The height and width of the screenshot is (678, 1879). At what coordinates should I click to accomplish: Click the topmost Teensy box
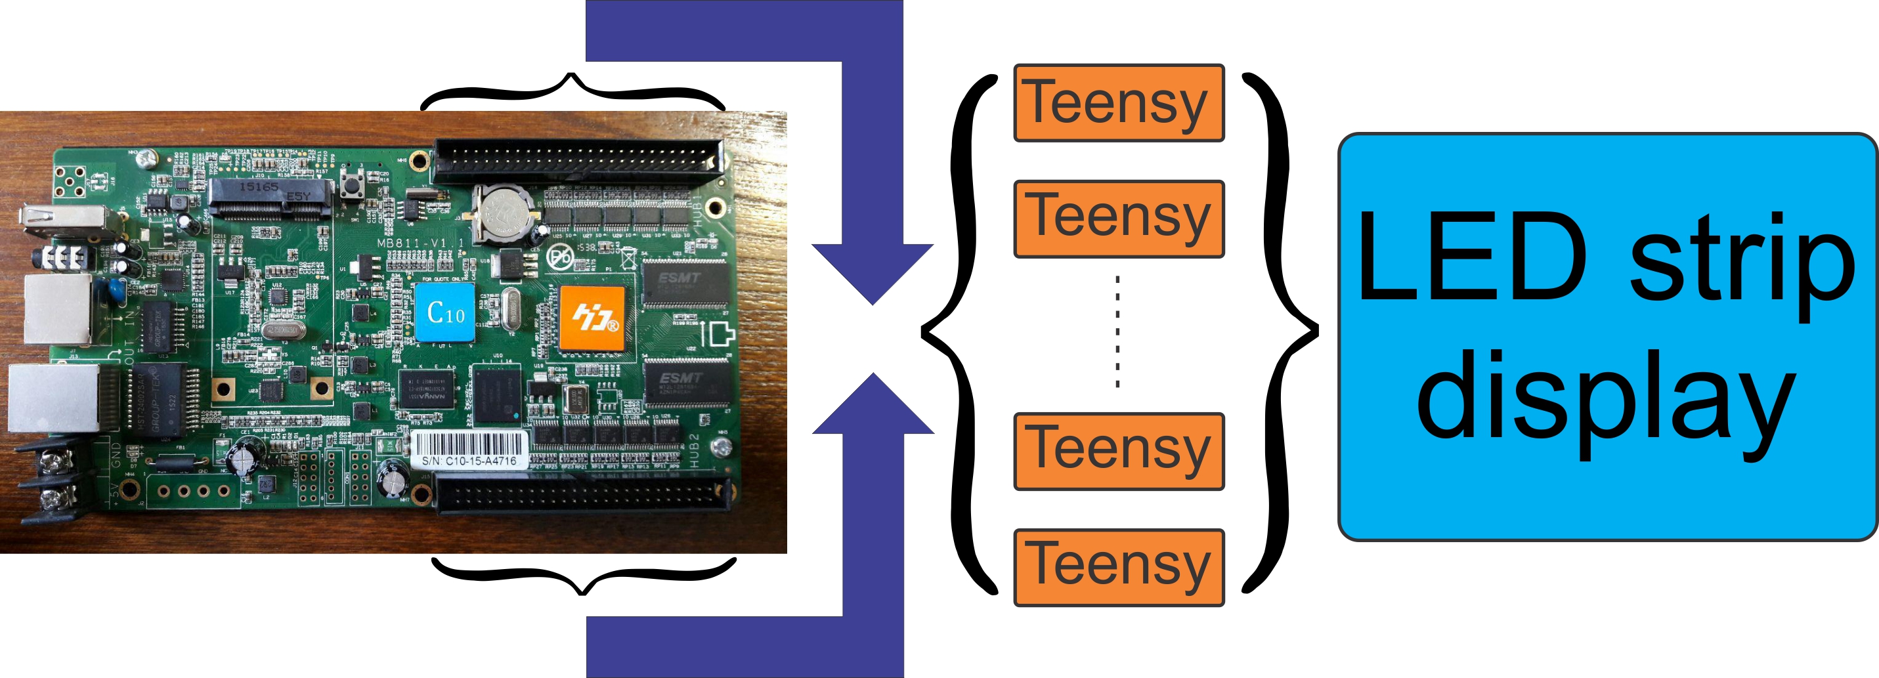click(x=1118, y=103)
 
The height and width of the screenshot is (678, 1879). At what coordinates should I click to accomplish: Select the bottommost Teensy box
click(x=1118, y=567)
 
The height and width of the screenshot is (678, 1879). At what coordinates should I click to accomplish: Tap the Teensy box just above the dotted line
click(x=1118, y=219)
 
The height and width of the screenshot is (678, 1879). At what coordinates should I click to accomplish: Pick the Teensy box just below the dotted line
click(x=1118, y=452)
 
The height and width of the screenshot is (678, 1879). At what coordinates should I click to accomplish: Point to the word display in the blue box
click(x=1605, y=397)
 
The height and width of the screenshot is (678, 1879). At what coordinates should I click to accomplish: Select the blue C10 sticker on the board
click(x=445, y=312)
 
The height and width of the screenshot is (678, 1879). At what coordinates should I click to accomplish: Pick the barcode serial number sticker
click(x=469, y=449)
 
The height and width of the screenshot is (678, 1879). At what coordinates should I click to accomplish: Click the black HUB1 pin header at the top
click(x=578, y=160)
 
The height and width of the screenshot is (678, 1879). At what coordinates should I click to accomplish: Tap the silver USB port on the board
click(x=64, y=221)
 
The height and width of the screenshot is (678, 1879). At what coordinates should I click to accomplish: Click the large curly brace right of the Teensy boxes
click(x=1280, y=331)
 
